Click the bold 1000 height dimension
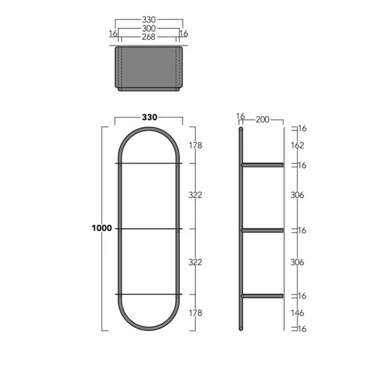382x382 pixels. (102, 228)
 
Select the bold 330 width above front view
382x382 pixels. (150, 117)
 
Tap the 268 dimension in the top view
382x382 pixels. (148, 37)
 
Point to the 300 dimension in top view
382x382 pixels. (149, 28)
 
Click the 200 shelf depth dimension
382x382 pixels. (262, 120)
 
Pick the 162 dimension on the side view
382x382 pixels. (297, 146)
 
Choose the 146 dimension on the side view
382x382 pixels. (297, 313)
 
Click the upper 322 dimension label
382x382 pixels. (195, 195)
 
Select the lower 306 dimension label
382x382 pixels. (297, 262)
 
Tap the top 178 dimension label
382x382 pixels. (195, 146)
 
